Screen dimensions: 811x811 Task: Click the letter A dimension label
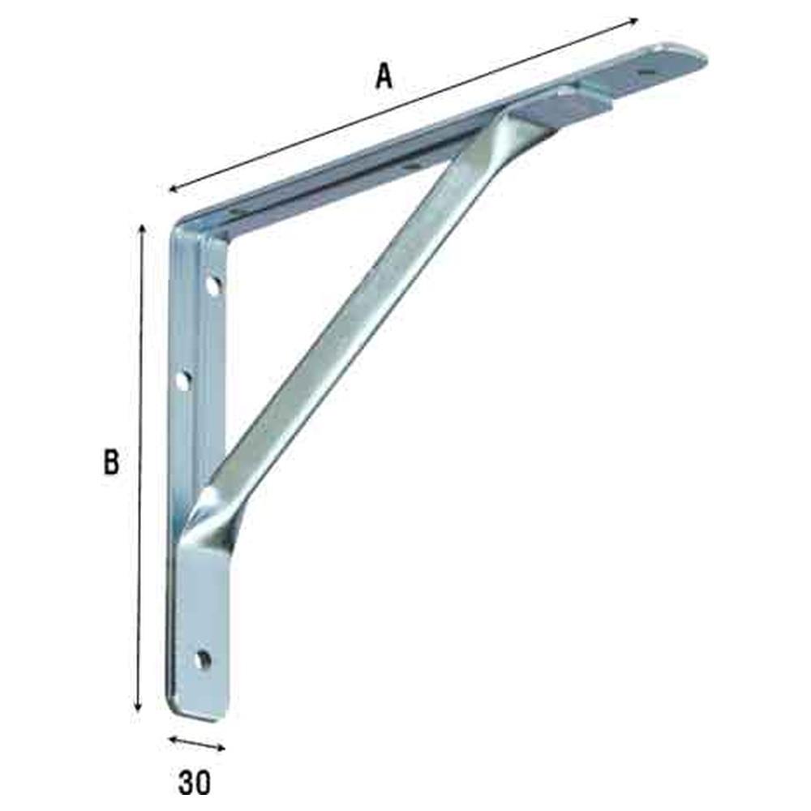(x=384, y=76)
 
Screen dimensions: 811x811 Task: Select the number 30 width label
(x=195, y=783)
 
